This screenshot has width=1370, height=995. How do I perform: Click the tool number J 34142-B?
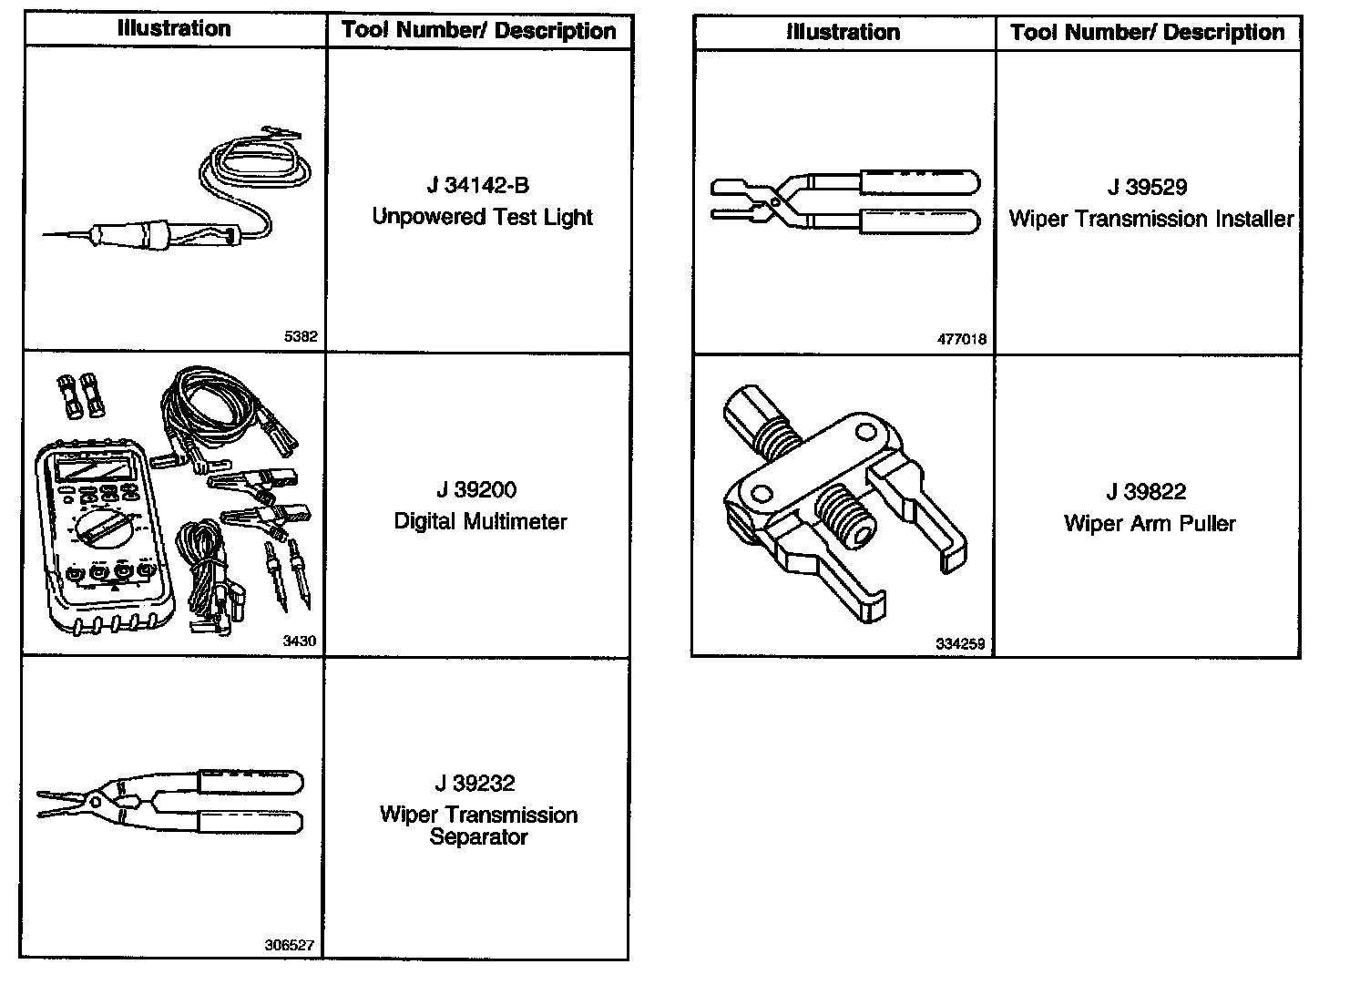pos(478,186)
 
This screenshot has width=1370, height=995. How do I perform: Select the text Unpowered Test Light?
pos(482,218)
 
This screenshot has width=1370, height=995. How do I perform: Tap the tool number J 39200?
pos(476,490)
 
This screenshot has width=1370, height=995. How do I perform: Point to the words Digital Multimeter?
pos(480,522)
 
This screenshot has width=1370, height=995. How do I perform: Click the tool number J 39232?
pos(475,784)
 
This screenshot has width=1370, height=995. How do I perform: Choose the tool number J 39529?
pos(1147,188)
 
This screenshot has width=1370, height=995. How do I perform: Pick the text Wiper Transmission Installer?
pos(1150,220)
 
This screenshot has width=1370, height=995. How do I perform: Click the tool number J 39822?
pos(1146,493)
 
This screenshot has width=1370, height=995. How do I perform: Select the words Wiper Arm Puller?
pos(1150,525)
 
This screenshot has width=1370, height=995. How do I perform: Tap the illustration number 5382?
pos(301,337)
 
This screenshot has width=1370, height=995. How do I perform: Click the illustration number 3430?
pos(300,641)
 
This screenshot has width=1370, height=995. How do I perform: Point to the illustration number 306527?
pos(289,946)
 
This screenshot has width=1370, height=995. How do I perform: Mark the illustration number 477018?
pos(961,340)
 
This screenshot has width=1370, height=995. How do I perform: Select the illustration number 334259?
pos(960,644)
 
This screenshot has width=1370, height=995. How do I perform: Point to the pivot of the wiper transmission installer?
pos(774,200)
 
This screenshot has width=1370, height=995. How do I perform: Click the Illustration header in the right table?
pos(843,33)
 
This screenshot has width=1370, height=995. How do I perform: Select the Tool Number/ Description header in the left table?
pos(479,31)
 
